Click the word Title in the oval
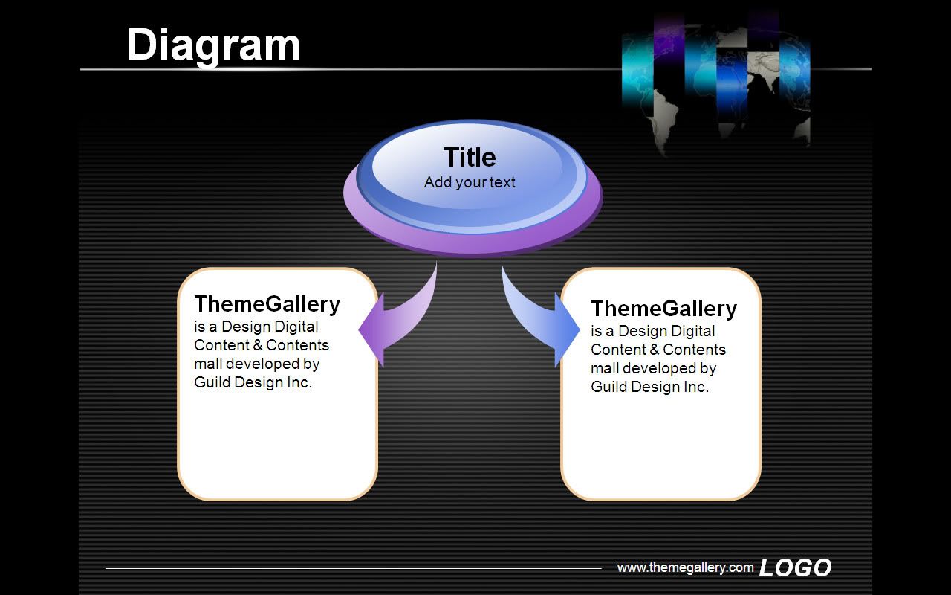[x=470, y=157]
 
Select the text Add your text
[x=470, y=182]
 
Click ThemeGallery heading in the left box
[x=267, y=304]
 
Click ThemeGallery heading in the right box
[x=663, y=309]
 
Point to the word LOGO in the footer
[x=795, y=567]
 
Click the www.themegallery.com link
[x=685, y=567]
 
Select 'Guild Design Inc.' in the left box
[x=253, y=382]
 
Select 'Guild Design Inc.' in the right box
[x=649, y=387]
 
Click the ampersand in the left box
[x=257, y=345]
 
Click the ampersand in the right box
[x=654, y=350]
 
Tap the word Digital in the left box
[x=293, y=327]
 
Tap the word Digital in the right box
[x=690, y=332]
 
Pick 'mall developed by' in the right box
[x=653, y=368]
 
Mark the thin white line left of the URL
[x=353, y=568]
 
